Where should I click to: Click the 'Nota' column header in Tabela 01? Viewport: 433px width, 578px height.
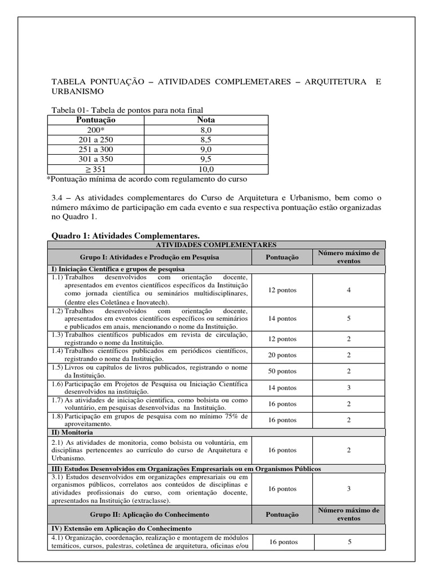coord(205,120)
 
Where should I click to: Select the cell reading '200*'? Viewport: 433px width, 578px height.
coord(95,129)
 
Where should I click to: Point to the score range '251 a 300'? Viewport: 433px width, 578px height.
coord(95,149)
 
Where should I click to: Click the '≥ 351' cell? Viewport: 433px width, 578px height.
coord(95,169)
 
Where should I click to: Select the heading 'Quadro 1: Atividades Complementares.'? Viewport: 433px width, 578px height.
coord(125,235)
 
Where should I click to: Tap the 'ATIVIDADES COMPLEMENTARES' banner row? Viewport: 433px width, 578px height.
coord(216,244)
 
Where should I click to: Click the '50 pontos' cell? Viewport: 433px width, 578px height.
coord(282,371)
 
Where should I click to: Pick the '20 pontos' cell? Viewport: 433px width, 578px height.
coord(282,355)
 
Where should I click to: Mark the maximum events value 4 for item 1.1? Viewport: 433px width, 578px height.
coord(348,290)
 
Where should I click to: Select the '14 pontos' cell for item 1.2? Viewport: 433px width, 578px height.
coord(282,318)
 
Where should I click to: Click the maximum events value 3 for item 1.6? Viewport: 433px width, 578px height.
coord(348,388)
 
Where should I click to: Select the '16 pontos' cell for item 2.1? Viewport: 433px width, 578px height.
coord(282,450)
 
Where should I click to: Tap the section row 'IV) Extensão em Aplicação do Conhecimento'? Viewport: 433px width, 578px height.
coord(122,528)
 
